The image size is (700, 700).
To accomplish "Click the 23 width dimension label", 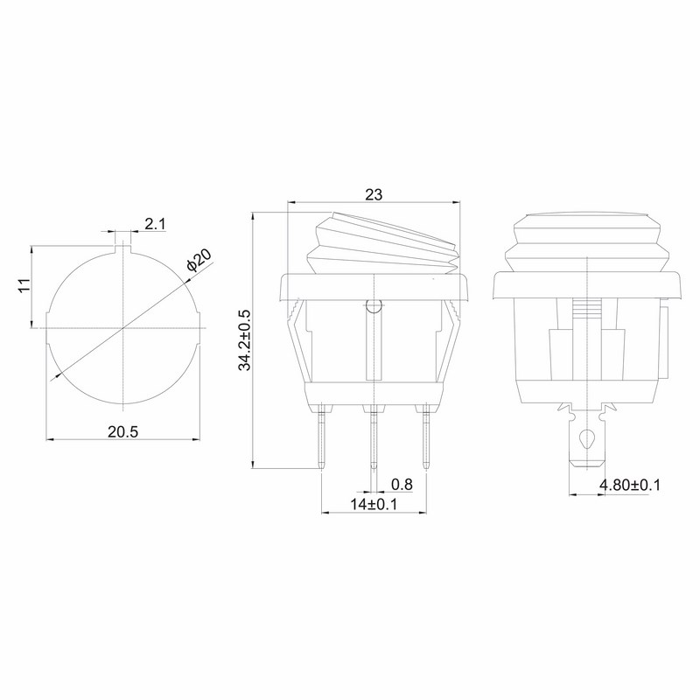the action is (x=374, y=195).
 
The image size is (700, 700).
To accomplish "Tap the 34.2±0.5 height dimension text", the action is (x=245, y=339).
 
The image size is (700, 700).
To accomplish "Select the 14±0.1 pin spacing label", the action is (x=374, y=505).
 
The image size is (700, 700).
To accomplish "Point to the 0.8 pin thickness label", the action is (x=402, y=485).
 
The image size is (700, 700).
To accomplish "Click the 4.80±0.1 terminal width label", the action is (x=629, y=485).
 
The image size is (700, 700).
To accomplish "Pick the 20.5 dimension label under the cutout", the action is (x=123, y=431).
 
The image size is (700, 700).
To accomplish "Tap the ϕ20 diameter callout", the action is (x=199, y=261).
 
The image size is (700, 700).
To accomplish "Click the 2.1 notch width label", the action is (x=155, y=224).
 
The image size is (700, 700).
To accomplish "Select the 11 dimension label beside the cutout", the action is (x=25, y=285).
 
